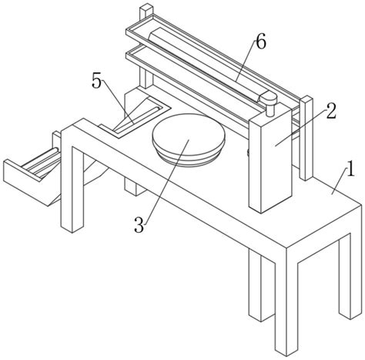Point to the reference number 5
pos(97,82)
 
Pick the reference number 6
pos(261,42)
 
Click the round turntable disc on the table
pos(189,140)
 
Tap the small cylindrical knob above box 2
pos(268,103)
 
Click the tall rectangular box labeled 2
pos(270,160)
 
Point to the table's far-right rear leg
pos(345,276)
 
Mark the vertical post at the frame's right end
pos(306,138)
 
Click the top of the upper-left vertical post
pos(146,7)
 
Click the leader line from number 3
pos(167,182)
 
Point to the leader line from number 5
pos(118,102)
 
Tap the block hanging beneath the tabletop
pos(134,188)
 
